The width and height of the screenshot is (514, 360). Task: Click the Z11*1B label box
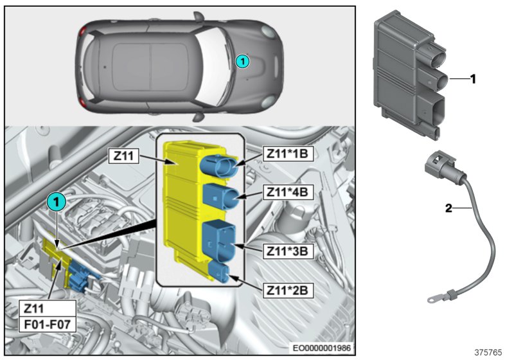tap(287, 156)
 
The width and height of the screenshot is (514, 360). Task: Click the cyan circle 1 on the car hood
tap(242, 62)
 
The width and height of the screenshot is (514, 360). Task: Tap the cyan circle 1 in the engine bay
tap(57, 203)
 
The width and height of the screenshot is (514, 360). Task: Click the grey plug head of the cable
tap(437, 168)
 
